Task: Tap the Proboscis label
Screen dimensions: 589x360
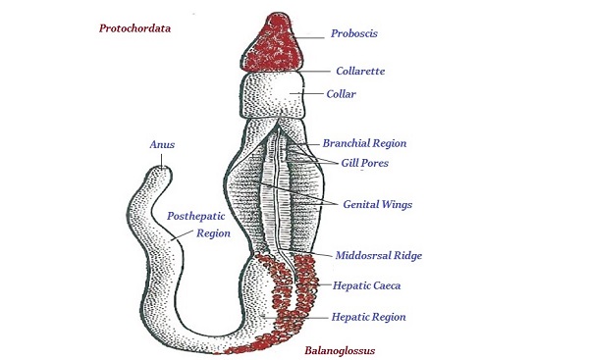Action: coord(354,33)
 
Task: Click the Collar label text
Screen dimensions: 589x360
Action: coord(342,94)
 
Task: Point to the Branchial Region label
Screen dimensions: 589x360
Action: coord(364,143)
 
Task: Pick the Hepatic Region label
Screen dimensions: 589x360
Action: coord(368,317)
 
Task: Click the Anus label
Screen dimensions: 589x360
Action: coord(162,144)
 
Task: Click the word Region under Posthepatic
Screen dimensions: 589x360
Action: coord(212,233)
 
